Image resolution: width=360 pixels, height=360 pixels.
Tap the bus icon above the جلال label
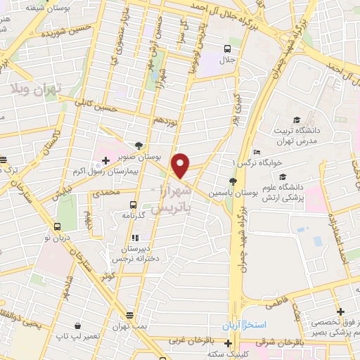pos(228,49)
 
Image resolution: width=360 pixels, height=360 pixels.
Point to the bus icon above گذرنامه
pos(131,205)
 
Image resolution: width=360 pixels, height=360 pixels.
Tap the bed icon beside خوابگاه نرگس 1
pos(257,153)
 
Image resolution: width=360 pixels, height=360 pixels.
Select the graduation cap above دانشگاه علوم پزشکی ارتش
pos(282,177)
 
